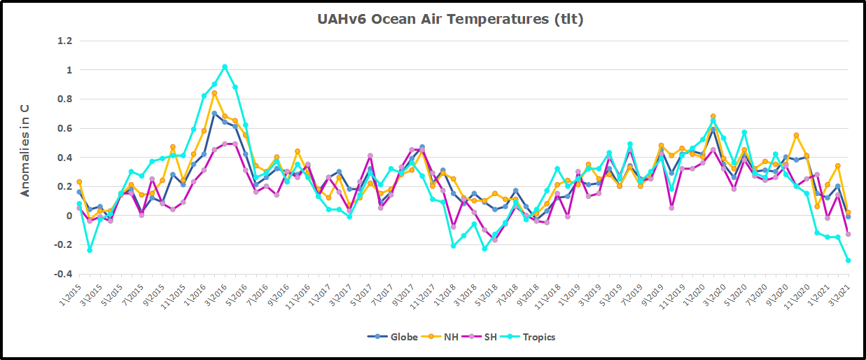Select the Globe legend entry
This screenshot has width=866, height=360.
pyautogui.click(x=393, y=337)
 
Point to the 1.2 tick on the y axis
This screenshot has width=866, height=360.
pyautogui.click(x=64, y=41)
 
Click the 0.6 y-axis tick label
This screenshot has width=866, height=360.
pyautogui.click(x=64, y=128)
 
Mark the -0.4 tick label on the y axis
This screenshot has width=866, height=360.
pyautogui.click(x=62, y=274)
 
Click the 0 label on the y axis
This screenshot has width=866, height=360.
pyautogui.click(x=69, y=216)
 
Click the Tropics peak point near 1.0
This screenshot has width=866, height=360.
pyautogui.click(x=225, y=67)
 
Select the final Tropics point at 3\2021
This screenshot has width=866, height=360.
pyautogui.click(x=848, y=261)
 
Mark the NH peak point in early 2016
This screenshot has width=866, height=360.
pyautogui.click(x=214, y=93)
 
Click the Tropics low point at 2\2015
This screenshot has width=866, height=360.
pyautogui.click(x=90, y=250)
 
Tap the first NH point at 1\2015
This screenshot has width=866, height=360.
pyautogui.click(x=79, y=182)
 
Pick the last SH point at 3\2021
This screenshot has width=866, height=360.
pyautogui.click(x=848, y=234)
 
